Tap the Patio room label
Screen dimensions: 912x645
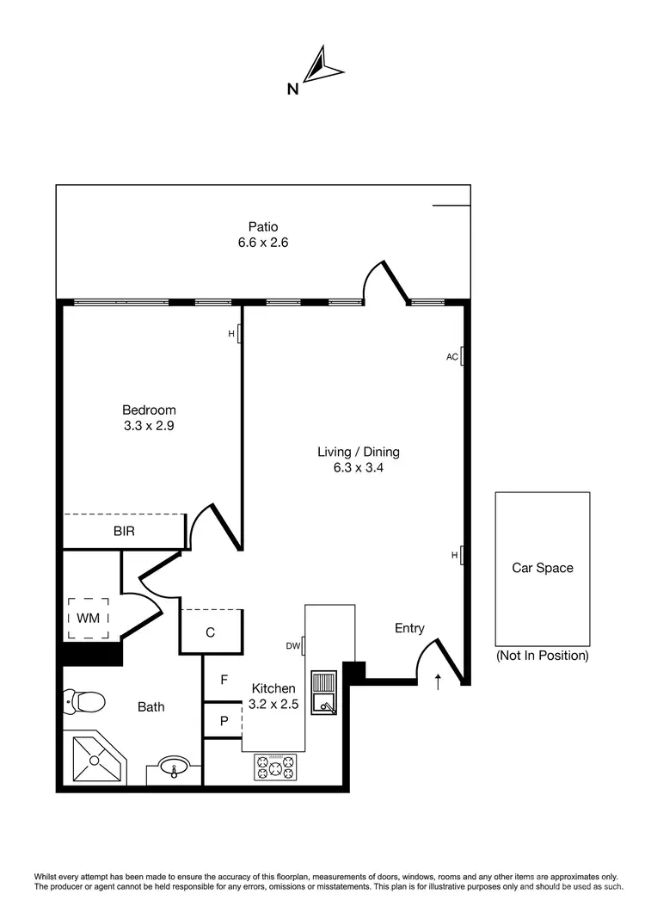[x=262, y=227]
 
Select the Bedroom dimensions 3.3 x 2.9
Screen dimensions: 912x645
[x=149, y=425]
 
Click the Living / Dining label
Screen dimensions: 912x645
[x=359, y=452]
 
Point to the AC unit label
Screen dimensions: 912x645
[x=451, y=356]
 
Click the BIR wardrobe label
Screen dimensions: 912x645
[x=124, y=532]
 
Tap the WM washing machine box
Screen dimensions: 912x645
[x=89, y=618]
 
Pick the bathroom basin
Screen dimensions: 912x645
[x=175, y=766]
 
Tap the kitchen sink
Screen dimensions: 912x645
[x=325, y=693]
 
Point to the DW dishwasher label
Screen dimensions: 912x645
[x=292, y=645]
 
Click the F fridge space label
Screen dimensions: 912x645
[x=224, y=680]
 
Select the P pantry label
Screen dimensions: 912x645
[x=224, y=721]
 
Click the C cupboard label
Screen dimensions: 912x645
[x=210, y=632]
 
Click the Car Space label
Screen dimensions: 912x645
[x=542, y=568]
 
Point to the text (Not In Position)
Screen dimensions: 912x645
[x=542, y=656]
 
